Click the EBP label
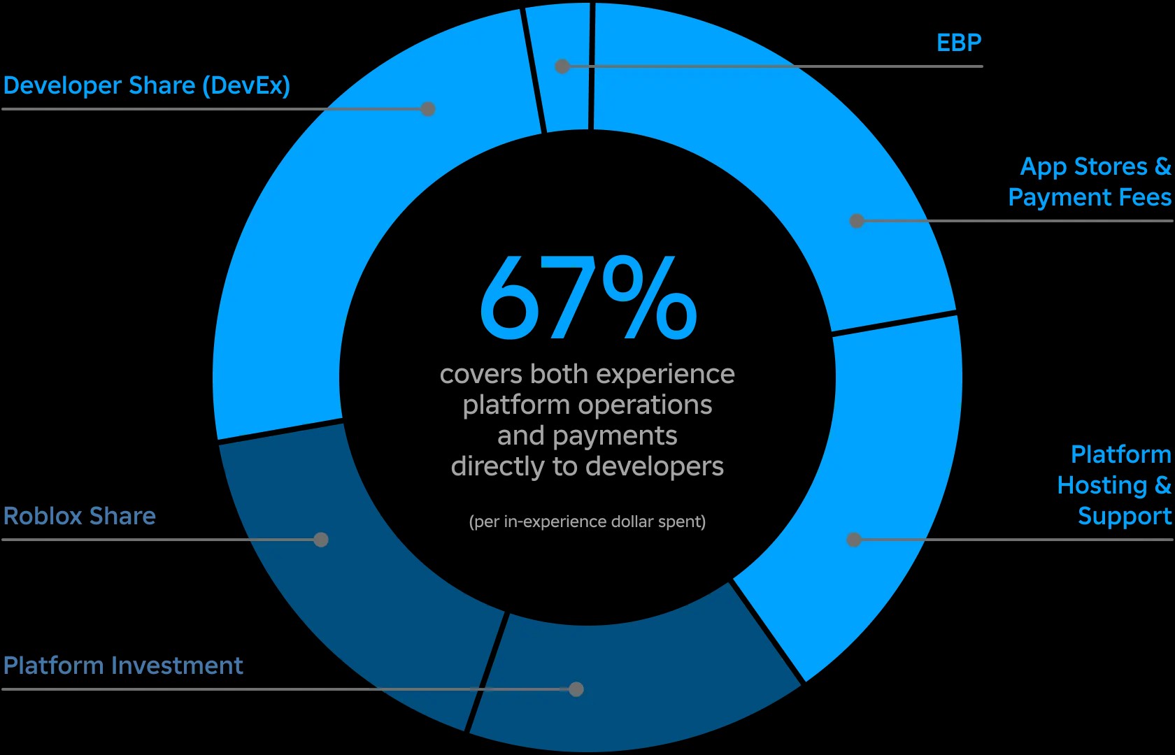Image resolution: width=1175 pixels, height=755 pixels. pos(959,43)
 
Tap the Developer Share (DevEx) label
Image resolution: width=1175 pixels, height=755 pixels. pos(147,86)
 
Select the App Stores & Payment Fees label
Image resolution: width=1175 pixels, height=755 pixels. pos(1090,182)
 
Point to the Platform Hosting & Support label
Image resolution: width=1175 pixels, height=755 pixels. pos(1114,485)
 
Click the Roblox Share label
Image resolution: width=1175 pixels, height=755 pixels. pos(80,516)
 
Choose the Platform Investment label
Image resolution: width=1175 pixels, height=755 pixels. pos(123,666)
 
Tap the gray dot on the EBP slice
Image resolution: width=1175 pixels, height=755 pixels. pos(562,66)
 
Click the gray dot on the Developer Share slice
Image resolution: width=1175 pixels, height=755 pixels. pos(428,109)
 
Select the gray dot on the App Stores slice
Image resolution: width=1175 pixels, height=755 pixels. pos(857,221)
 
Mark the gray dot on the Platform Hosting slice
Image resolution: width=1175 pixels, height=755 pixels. pos(854,540)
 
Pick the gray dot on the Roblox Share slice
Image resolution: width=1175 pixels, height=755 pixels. pos(321,540)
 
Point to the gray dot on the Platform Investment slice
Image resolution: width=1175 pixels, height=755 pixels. pos(576,689)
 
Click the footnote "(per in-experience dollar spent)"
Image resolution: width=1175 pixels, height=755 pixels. pos(587,522)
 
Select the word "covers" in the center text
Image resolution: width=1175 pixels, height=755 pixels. pos(481,374)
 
